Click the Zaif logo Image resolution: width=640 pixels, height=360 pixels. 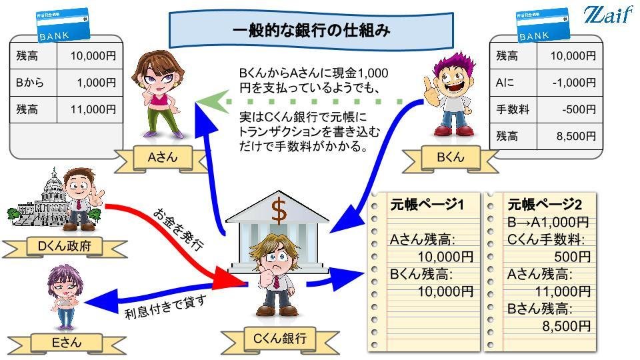(x=607, y=15)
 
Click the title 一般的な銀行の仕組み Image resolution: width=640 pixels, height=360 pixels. (x=311, y=30)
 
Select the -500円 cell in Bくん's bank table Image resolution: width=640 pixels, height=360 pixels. (x=573, y=109)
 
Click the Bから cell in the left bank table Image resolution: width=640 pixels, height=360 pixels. (x=29, y=83)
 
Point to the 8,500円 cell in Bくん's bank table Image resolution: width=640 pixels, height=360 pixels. (x=573, y=136)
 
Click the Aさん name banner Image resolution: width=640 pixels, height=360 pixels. (x=160, y=158)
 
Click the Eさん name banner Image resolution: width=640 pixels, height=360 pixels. (x=67, y=343)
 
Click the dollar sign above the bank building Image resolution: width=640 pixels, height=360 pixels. (x=279, y=213)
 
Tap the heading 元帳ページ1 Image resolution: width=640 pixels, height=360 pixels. (x=426, y=205)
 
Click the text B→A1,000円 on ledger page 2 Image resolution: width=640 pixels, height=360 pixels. (x=548, y=222)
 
